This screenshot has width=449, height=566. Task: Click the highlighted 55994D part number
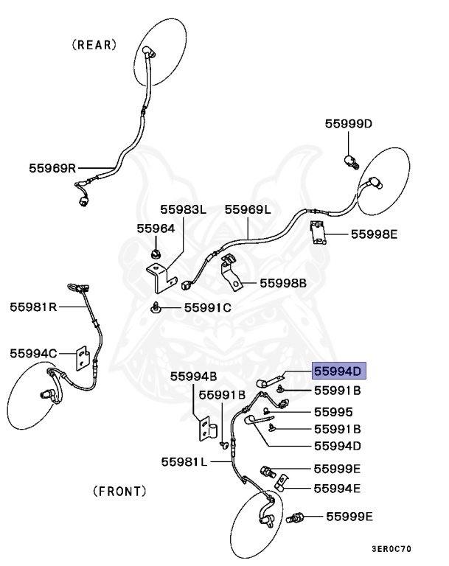[338, 371]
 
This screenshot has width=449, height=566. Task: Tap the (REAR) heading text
[94, 45]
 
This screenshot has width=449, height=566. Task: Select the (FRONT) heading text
[120, 492]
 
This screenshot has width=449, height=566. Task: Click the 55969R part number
[53, 168]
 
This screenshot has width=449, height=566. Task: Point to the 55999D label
[349, 124]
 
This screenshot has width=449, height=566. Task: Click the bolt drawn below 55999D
[351, 162]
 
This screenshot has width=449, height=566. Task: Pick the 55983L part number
[183, 209]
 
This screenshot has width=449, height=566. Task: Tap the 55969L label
[248, 209]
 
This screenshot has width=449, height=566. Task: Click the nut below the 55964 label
[156, 254]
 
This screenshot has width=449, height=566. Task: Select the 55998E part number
[375, 234]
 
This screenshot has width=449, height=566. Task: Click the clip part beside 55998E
[319, 232]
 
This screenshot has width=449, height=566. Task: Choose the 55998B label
[283, 283]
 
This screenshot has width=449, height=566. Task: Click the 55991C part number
[208, 307]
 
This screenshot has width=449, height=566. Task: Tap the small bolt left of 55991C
[156, 307]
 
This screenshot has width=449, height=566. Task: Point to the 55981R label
[33, 307]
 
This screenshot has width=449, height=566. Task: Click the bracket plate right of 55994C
[83, 358]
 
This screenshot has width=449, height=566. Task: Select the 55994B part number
[194, 377]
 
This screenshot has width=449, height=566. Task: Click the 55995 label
[333, 412]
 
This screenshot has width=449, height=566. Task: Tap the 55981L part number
[184, 461]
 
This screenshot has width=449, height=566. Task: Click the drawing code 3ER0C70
[391, 549]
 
